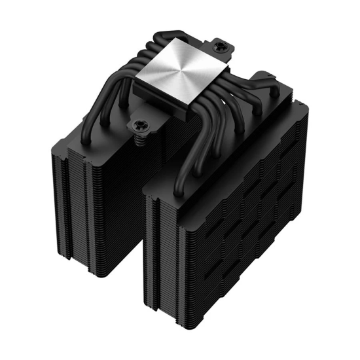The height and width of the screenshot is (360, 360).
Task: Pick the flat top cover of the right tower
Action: pyautogui.click(x=223, y=157)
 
